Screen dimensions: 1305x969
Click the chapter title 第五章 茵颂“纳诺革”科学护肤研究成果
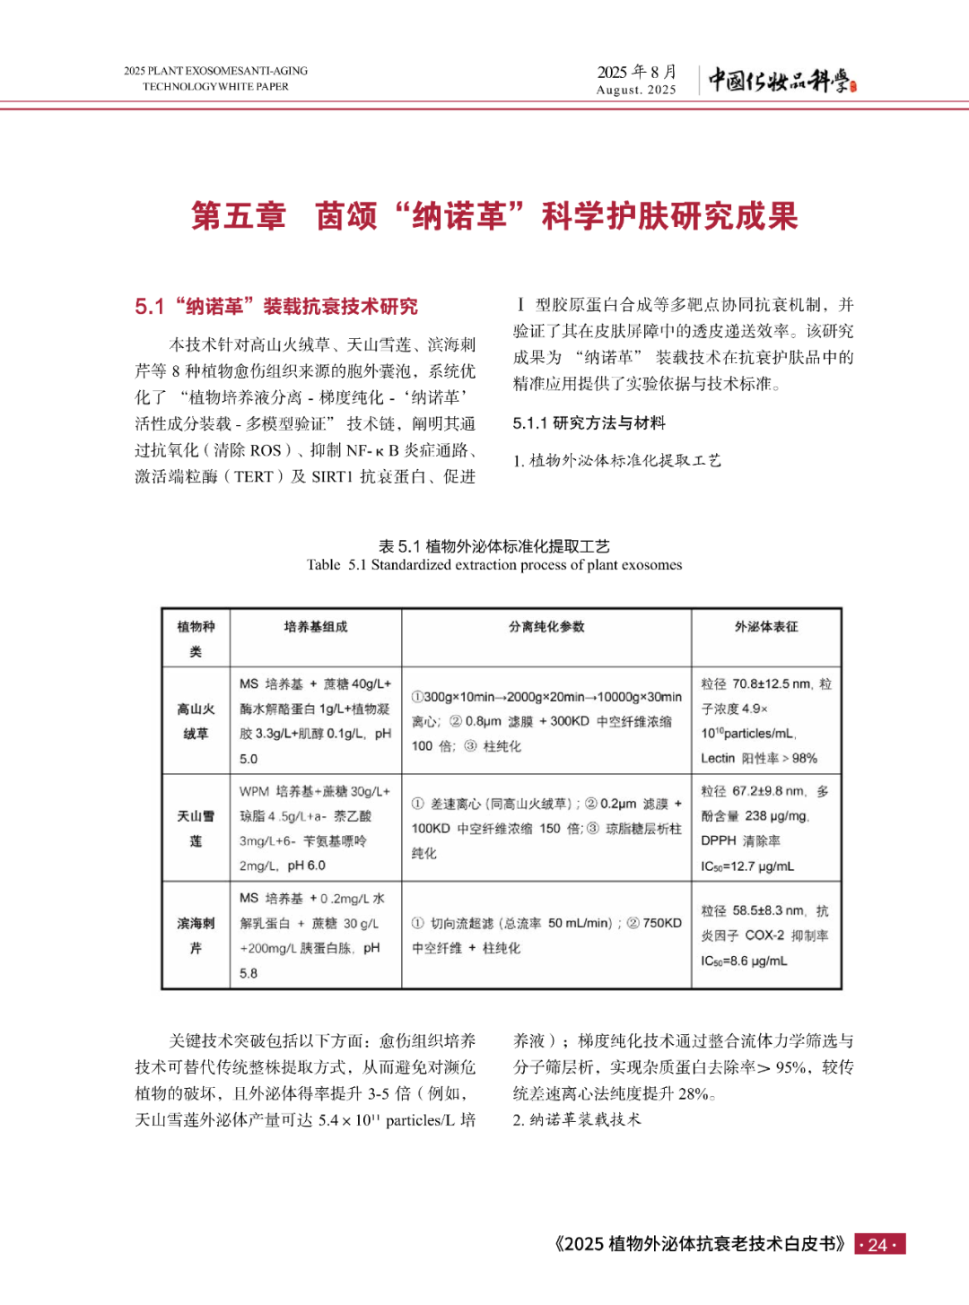[494, 216]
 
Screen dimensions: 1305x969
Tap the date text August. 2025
[636, 90]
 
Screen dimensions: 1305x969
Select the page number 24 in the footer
[878, 1244]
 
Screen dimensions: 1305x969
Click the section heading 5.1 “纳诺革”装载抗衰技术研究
[276, 307]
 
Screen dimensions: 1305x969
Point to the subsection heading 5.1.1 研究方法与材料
[589, 423]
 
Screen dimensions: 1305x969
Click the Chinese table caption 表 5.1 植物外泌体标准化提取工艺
[494, 546]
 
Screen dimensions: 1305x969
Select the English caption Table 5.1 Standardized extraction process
[494, 565]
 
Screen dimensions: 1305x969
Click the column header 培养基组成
[316, 627]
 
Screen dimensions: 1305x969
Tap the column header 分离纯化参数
[546, 627]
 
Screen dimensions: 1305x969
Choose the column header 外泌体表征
[766, 627]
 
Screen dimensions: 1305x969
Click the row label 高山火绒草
[196, 721]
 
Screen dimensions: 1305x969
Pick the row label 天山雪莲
[196, 829]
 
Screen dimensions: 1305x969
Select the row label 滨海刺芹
[196, 935]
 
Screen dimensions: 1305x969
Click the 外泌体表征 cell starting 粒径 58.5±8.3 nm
[765, 935]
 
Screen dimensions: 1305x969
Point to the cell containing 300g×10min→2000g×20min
[546, 721]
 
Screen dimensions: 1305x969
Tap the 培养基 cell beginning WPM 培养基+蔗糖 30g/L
[315, 829]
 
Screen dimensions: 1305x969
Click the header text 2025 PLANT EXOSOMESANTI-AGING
[216, 71]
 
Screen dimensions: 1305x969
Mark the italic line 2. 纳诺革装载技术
[577, 1119]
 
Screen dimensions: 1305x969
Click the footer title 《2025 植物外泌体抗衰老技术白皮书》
[700, 1244]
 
